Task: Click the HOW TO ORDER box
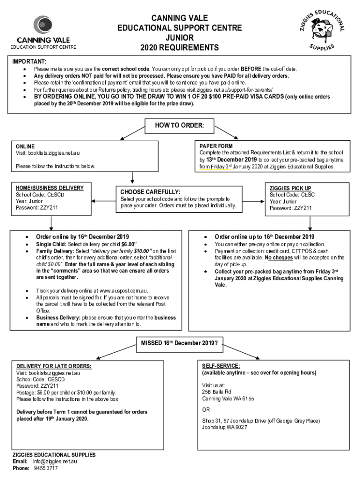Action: tap(180, 126)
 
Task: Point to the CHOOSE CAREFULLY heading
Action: tap(150, 192)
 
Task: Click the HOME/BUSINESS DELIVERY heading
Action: tap(50, 188)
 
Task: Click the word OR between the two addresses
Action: tap(206, 409)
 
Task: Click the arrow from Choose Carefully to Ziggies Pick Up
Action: tap(253, 201)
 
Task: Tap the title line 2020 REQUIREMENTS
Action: tap(180, 48)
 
